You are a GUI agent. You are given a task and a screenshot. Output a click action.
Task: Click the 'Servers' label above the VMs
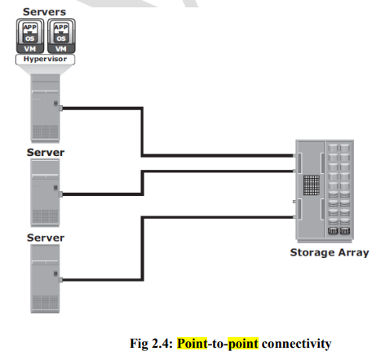pyautogui.click(x=44, y=12)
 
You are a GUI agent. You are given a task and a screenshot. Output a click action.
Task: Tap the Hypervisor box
pyautogui.click(x=45, y=59)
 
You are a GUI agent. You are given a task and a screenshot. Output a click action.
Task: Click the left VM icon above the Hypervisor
pyautogui.click(x=30, y=36)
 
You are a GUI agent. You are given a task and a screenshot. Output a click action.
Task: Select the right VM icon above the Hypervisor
pyautogui.click(x=61, y=36)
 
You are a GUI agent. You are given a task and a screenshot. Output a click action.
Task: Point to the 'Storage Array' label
pyautogui.click(x=330, y=252)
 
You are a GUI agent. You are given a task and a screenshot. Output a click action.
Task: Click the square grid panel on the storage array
pyautogui.click(x=312, y=185)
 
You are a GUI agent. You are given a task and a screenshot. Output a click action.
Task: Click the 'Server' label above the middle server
pyautogui.click(x=46, y=153)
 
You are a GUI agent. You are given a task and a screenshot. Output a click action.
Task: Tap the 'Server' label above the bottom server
pyautogui.click(x=46, y=238)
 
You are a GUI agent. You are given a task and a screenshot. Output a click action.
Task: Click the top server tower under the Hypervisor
pyautogui.click(x=45, y=109)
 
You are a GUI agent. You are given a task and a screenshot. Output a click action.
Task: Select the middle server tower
pyautogui.click(x=45, y=193)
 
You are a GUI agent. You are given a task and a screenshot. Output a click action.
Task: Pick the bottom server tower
pyautogui.click(x=45, y=278)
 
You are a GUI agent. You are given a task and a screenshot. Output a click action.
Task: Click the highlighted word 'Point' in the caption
pyautogui.click(x=192, y=343)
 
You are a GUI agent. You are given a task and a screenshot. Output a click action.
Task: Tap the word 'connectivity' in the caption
pyautogui.click(x=296, y=344)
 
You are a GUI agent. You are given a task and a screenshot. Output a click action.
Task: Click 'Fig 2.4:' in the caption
pyautogui.click(x=151, y=343)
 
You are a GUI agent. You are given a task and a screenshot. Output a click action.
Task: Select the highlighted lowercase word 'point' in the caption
pyautogui.click(x=243, y=344)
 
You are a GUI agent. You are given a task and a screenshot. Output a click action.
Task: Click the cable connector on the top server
pyautogui.click(x=61, y=109)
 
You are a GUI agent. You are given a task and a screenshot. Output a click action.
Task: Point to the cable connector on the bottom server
pyautogui.click(x=61, y=280)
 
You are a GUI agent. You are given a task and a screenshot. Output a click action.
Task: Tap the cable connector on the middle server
pyautogui.click(x=61, y=194)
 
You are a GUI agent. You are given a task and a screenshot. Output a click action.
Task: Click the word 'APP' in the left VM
pyautogui.click(x=30, y=27)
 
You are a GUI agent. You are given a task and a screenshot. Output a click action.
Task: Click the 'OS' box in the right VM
pyautogui.click(x=61, y=38)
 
